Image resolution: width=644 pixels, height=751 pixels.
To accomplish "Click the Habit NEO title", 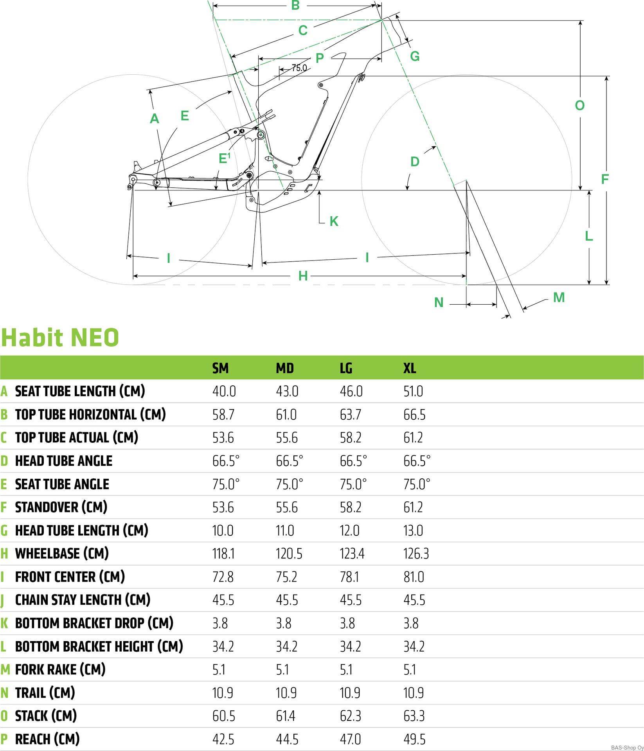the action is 60,338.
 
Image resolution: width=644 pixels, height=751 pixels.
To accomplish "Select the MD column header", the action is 284,368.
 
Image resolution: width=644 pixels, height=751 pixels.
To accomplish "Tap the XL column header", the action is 410,368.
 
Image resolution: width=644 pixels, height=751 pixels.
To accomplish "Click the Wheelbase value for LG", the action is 352,553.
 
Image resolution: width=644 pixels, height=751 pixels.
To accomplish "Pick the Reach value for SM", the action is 223,739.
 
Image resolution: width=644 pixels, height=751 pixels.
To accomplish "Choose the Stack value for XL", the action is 414,716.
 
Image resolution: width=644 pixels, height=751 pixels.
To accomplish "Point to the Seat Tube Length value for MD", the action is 287,391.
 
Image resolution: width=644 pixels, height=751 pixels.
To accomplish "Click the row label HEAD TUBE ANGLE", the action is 64,461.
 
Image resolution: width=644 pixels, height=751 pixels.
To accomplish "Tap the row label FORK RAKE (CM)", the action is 60,670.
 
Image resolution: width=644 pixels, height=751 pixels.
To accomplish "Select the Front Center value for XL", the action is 414,577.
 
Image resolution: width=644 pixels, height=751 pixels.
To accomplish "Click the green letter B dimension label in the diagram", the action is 295,5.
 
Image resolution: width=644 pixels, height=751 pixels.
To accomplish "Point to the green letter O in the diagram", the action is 580,105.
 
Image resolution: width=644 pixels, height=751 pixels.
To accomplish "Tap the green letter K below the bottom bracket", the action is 334,221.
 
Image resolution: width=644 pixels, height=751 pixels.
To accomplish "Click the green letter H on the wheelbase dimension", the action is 303,276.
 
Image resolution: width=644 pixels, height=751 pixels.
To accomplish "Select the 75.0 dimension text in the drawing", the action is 299,68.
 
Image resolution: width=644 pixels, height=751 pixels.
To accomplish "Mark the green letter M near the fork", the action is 559,298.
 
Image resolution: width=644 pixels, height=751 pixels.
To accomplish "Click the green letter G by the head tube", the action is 415,56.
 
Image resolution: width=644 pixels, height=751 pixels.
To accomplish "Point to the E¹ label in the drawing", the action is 224,158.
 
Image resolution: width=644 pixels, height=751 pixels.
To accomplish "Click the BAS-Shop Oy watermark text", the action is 627,747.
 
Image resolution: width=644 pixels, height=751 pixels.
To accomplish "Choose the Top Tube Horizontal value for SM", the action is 223,415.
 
